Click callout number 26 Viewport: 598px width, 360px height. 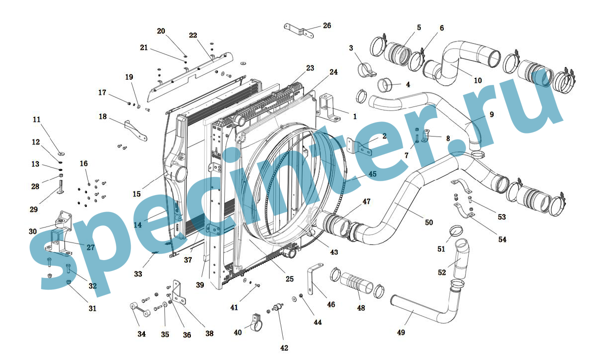pyautogui.click(x=327, y=25)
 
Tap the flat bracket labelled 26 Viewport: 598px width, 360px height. pyautogui.click(x=299, y=30)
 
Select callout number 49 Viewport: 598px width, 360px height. pyautogui.click(x=401, y=332)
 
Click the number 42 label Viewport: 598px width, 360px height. pyautogui.click(x=284, y=348)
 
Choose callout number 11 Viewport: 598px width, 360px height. pyautogui.click(x=36, y=119)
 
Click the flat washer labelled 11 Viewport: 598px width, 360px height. pyautogui.click(x=60, y=154)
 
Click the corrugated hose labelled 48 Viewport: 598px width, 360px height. pyautogui.click(x=357, y=283)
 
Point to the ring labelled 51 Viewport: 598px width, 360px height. pyautogui.click(x=455, y=231)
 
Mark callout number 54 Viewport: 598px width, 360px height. pyautogui.click(x=502, y=239)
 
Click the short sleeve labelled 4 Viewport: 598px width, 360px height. pyautogui.click(x=385, y=85)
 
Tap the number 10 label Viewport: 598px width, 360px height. pyautogui.click(x=478, y=80)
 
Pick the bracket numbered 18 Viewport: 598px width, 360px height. pyautogui.click(x=135, y=130)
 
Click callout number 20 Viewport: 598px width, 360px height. pyautogui.click(x=161, y=31)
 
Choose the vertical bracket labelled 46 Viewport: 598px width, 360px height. pyautogui.click(x=314, y=278)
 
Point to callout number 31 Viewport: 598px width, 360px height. pyautogui.click(x=92, y=308)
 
